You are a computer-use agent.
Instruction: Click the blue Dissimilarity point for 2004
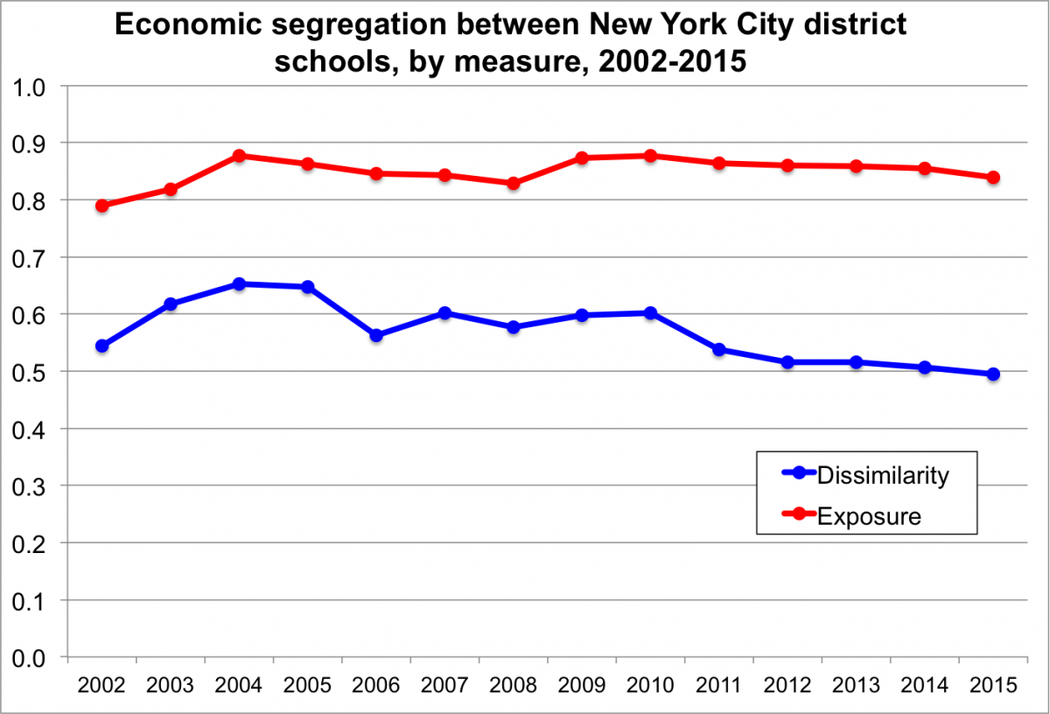[239, 284]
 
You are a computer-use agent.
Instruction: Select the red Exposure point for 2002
[101, 206]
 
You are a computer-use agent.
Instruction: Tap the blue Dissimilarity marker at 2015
[993, 374]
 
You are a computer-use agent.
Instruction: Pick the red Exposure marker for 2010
[650, 156]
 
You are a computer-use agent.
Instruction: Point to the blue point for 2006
[376, 335]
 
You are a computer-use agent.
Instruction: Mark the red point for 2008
[514, 184]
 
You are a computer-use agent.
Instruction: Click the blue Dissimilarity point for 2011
[719, 350]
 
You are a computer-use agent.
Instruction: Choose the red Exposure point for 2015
[993, 178]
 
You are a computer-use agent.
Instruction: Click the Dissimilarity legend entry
[881, 476]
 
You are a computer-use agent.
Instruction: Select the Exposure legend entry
[868, 516]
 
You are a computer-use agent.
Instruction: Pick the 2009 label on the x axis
[582, 685]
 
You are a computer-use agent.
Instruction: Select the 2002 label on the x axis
[101, 685]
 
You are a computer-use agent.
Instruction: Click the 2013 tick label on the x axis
[856, 685]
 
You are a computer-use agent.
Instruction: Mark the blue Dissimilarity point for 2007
[444, 313]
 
